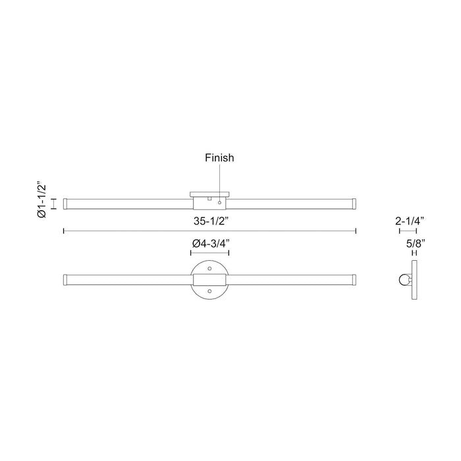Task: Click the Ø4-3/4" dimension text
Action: tap(209, 244)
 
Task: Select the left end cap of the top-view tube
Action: tap(66, 202)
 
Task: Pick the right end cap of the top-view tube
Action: tap(353, 202)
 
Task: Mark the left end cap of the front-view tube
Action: tap(66, 280)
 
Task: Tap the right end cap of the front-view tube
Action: tap(353, 280)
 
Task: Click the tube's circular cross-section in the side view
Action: tap(403, 280)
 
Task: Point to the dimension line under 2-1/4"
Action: tap(408, 230)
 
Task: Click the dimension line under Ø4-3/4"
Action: tap(209, 253)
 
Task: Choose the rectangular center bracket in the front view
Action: tap(209, 280)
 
